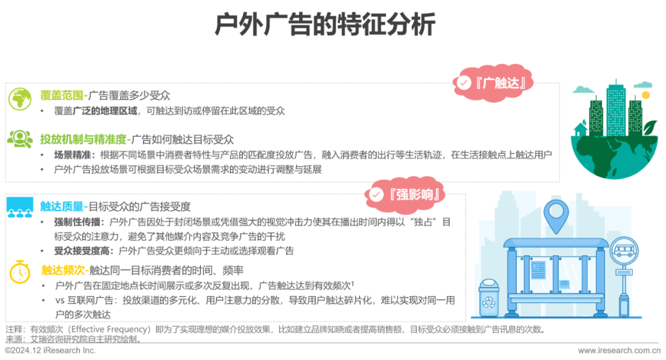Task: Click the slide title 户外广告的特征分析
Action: (x=325, y=25)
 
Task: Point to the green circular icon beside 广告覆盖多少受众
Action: (x=20, y=99)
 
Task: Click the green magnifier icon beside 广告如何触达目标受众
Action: (x=20, y=139)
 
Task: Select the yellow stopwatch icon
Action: (x=20, y=271)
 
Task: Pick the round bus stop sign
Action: (x=623, y=252)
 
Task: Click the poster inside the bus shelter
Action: (x=538, y=269)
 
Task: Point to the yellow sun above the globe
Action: (x=646, y=95)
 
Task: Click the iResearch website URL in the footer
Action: (x=620, y=351)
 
